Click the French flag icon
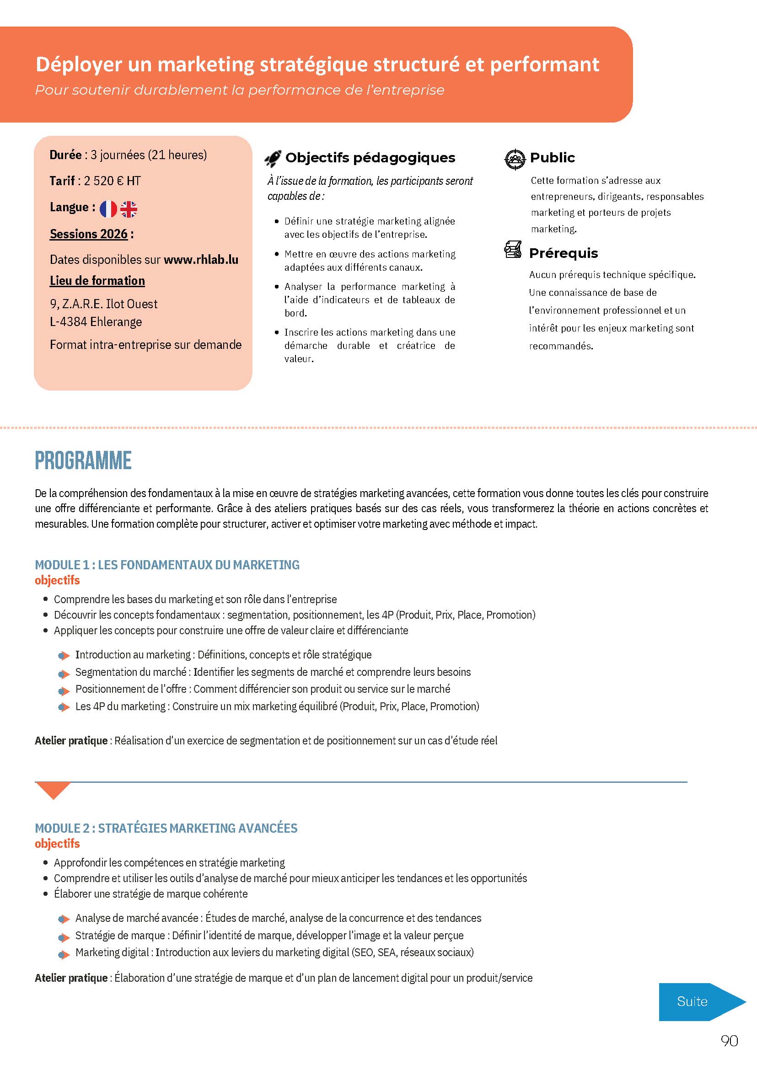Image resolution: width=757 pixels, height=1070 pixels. [x=108, y=209]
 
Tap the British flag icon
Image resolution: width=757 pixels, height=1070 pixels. [x=129, y=209]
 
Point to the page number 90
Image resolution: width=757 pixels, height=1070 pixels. [x=729, y=1041]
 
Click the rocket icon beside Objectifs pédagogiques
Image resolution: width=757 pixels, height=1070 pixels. [x=273, y=159]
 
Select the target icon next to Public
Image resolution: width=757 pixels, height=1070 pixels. [x=515, y=159]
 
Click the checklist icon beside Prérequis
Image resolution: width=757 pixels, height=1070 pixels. [x=513, y=250]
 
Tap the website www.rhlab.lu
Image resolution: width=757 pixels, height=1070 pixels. [x=201, y=260]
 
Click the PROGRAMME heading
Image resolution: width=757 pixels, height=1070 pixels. [x=83, y=460]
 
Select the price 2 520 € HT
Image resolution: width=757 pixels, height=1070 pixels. [x=112, y=181]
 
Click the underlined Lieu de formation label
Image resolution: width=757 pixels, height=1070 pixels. [x=97, y=281]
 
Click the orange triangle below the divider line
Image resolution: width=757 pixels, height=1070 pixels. [x=53, y=789]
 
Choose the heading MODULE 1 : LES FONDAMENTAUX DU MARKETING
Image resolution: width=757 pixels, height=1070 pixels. [x=167, y=565]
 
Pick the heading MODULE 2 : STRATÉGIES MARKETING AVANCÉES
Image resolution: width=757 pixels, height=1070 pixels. [x=166, y=828]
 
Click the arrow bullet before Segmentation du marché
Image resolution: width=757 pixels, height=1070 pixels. [x=64, y=674]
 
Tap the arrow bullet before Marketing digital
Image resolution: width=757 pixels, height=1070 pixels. [x=64, y=953]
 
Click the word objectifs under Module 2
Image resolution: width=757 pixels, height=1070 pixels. [x=57, y=844]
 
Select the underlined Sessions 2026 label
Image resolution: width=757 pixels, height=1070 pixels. [x=89, y=234]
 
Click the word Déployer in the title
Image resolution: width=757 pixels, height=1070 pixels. [x=79, y=64]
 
